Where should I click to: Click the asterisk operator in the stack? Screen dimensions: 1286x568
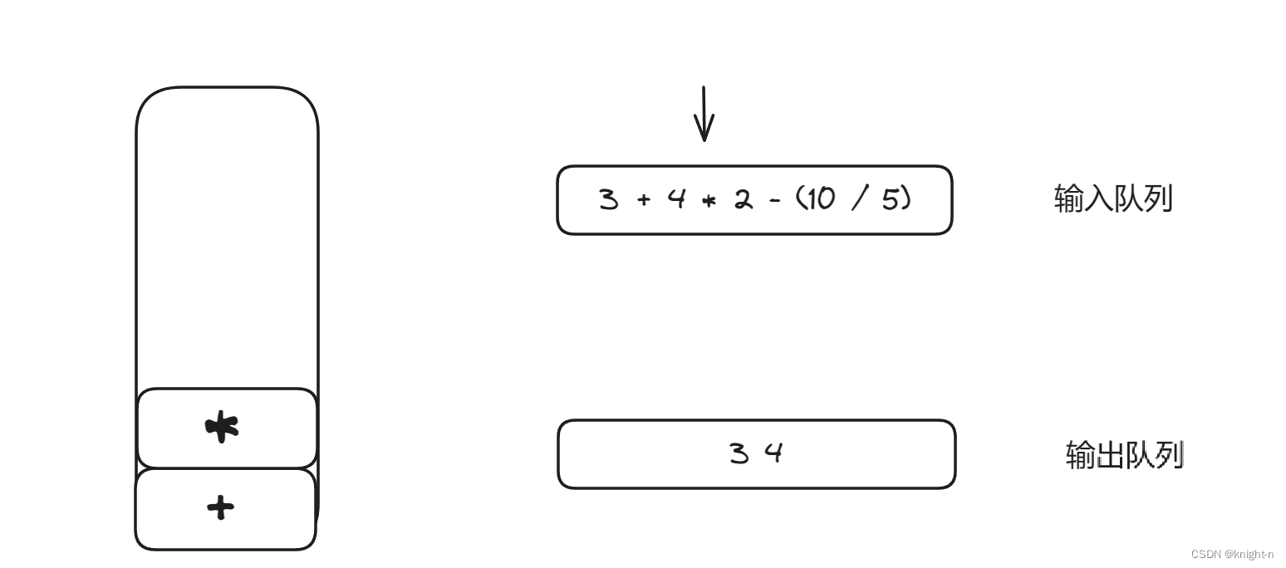[x=222, y=427]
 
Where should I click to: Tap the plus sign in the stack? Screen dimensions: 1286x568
[x=220, y=507]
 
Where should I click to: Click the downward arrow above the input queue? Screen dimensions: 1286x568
[x=704, y=115]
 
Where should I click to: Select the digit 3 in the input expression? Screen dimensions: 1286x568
[x=609, y=199]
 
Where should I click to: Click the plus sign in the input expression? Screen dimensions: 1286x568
[x=643, y=200]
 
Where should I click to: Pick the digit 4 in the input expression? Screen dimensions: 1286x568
[x=676, y=199]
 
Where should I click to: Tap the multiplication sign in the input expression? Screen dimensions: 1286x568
[x=709, y=201]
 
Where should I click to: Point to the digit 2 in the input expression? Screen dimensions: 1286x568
[x=742, y=199]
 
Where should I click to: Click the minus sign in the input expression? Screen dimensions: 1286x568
[x=775, y=200]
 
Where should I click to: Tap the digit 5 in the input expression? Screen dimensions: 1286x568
[x=891, y=199]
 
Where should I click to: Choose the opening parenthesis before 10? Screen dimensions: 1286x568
[x=793, y=199]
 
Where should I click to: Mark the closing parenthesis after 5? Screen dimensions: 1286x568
[x=906, y=199]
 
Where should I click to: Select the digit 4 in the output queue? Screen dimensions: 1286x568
[x=773, y=453]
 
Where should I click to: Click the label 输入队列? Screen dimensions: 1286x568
[x=1112, y=199]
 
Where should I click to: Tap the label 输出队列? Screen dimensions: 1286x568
[x=1124, y=455]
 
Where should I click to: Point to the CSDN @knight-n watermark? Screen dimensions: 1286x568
[x=1232, y=554]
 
